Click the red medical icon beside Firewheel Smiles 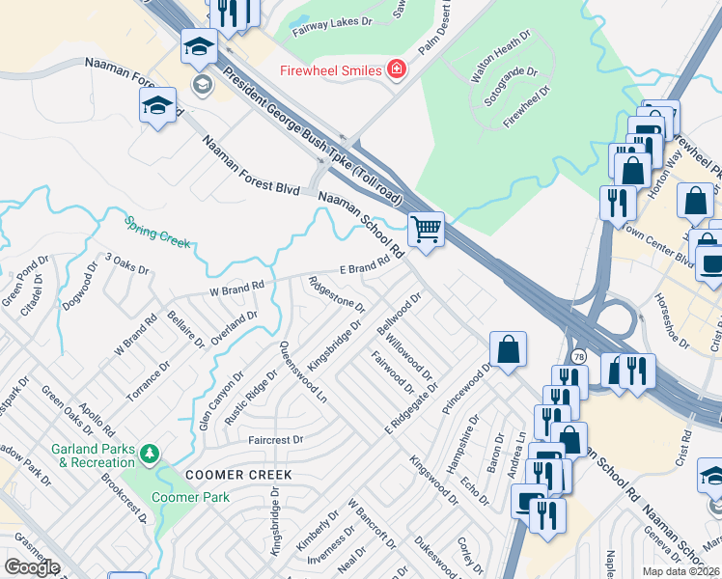point(394,69)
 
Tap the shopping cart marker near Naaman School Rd point(426,230)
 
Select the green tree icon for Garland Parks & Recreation point(149,453)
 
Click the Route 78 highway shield point(576,358)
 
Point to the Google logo point(32,567)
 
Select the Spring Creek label point(156,232)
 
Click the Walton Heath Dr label point(498,60)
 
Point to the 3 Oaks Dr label point(127,263)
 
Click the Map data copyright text point(680,571)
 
